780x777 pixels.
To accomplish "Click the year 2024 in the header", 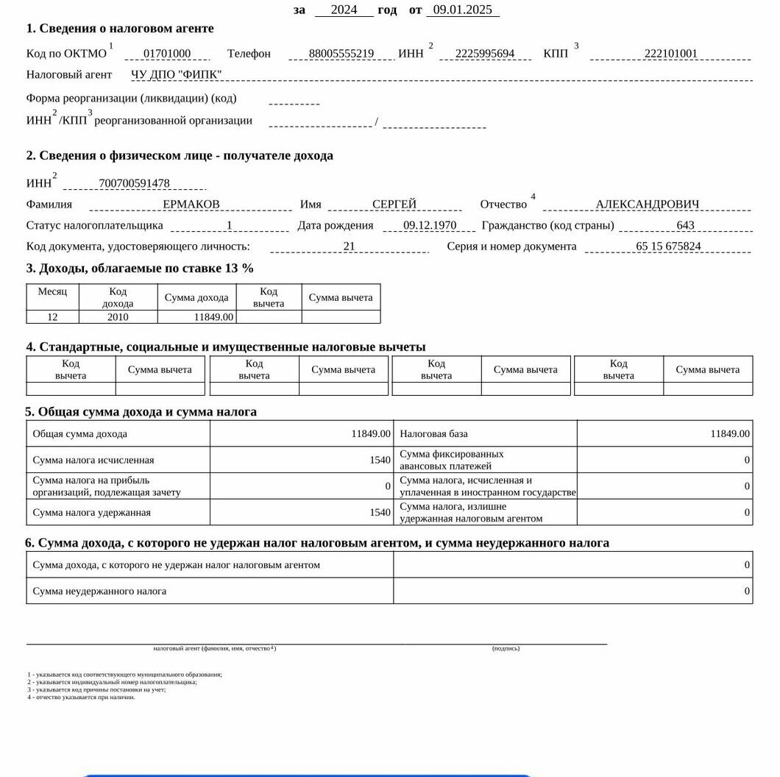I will [344, 10].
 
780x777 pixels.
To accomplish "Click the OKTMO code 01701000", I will [167, 54].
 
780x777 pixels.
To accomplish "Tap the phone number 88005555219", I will [341, 54].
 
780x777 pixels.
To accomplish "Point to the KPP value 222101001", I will [670, 54].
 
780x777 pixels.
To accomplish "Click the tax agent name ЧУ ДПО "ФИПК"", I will [176, 74].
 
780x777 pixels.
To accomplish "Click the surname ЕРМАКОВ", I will [191, 205].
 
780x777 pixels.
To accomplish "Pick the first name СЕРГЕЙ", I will [394, 205].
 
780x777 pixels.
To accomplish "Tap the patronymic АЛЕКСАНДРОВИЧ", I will [648, 205].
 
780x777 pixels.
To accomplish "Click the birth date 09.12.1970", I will [430, 226].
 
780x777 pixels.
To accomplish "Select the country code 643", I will [685, 226].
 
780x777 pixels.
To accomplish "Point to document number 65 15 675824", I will [668, 246].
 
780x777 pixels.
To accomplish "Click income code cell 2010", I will [118, 317].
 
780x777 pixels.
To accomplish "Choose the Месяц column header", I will [52, 292].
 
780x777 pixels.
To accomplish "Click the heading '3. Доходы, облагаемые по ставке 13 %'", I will [140, 269].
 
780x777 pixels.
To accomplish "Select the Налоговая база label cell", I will [433, 434].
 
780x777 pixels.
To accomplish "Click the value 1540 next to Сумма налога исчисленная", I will [380, 461].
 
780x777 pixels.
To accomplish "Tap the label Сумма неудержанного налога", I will [99, 592].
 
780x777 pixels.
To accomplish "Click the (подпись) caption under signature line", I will [506, 648].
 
